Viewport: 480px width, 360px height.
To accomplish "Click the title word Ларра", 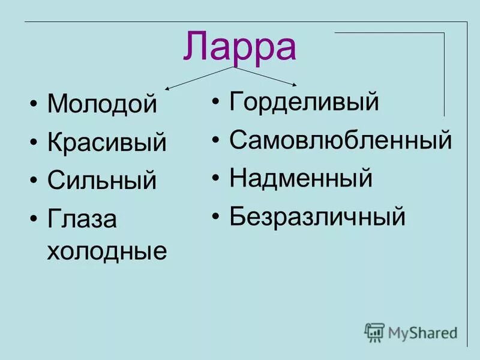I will pyautogui.click(x=239, y=46).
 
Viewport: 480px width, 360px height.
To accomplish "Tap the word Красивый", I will pyautogui.click(x=107, y=142).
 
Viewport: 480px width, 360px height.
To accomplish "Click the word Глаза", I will pyautogui.click(x=82, y=220).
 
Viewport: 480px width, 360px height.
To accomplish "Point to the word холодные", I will pyautogui.click(x=107, y=250).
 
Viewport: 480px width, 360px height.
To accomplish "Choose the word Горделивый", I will pyautogui.click(x=304, y=102).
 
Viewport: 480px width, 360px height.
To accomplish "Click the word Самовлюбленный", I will pyautogui.click(x=340, y=140).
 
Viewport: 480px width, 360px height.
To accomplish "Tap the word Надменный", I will pyautogui.click(x=301, y=178).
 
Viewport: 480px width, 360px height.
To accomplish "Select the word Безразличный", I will pyautogui.click(x=317, y=216).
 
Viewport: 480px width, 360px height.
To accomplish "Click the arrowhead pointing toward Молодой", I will pyautogui.click(x=167, y=89).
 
